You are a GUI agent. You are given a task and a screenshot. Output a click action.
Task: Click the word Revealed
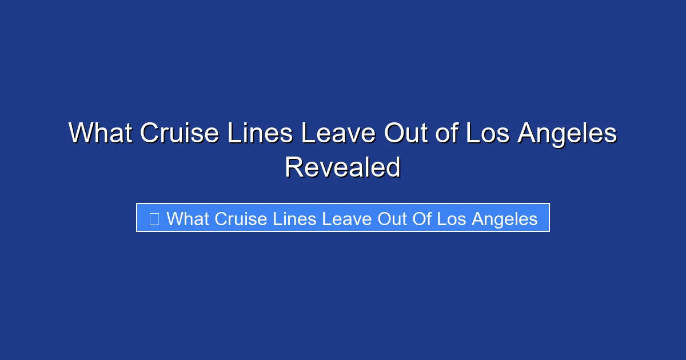point(343,167)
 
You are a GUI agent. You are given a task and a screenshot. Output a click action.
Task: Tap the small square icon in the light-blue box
point(154,218)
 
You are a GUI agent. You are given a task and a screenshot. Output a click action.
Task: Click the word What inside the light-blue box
point(188,219)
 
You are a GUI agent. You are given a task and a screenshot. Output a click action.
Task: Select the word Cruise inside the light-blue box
point(240,219)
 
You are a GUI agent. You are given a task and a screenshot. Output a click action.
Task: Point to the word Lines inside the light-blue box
point(292,219)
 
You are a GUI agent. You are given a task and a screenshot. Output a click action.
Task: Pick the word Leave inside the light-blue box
point(341,219)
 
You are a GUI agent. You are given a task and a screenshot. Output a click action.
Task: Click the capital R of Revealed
point(293,167)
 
